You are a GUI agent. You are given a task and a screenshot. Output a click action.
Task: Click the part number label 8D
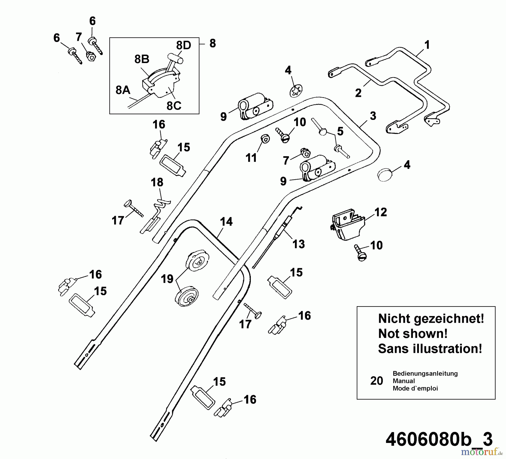pyautogui.click(x=184, y=45)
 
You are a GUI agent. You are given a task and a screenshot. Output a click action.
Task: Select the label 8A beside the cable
pyautogui.click(x=123, y=90)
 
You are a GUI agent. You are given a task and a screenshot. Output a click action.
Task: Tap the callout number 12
pyautogui.click(x=380, y=212)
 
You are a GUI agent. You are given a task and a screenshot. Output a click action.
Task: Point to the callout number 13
pyautogui.click(x=298, y=244)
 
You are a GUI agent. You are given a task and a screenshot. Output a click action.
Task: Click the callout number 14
pyautogui.click(x=226, y=222)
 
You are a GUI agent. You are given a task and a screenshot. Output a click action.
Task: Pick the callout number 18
pyautogui.click(x=157, y=182)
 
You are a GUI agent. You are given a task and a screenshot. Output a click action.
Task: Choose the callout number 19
pyautogui.click(x=167, y=279)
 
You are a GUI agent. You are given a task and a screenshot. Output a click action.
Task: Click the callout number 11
pyautogui.click(x=251, y=158)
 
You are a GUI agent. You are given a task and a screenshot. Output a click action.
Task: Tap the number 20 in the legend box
pyautogui.click(x=376, y=381)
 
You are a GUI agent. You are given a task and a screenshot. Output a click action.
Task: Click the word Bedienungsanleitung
pyautogui.click(x=425, y=373)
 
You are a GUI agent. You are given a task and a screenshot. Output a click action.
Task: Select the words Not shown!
pyautogui.click(x=413, y=334)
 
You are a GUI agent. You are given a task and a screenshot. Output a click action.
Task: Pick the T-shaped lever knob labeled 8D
pyautogui.click(x=175, y=59)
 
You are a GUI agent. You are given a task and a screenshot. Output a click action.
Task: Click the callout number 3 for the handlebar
pyautogui.click(x=373, y=116)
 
